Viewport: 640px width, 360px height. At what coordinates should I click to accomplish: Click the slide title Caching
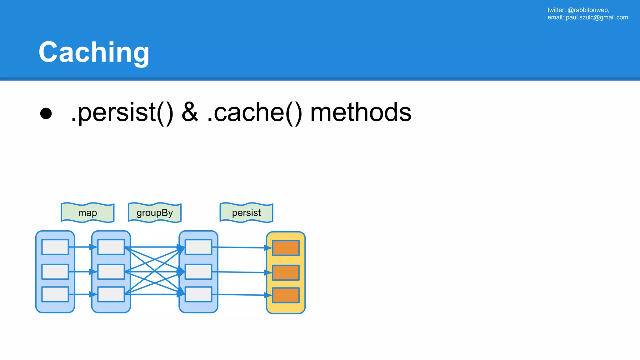point(94,52)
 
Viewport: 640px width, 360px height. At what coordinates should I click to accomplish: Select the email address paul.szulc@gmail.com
point(597,17)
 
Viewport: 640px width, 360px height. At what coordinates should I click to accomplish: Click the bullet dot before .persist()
point(46,113)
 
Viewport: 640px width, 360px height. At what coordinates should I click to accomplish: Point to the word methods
point(361,112)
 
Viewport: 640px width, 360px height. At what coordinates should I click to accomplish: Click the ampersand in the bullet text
point(190,112)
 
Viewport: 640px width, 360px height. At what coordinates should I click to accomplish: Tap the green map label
point(87,213)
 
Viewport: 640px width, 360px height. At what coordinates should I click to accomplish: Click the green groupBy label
point(155,213)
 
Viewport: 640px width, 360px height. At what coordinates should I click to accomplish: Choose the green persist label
point(246,213)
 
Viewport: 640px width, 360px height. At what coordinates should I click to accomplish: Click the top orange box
point(286,248)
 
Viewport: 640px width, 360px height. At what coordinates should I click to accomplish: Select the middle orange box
point(286,272)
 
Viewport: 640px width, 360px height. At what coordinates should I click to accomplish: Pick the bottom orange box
point(286,295)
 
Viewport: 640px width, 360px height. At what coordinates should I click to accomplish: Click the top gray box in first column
point(55,247)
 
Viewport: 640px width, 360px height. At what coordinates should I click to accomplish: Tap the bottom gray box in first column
point(55,294)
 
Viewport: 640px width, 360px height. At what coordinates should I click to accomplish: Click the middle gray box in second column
point(111,272)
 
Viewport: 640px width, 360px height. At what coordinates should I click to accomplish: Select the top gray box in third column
point(198,247)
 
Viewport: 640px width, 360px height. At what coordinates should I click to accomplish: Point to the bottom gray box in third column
point(198,294)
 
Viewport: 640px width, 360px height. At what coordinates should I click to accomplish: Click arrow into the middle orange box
point(241,272)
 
